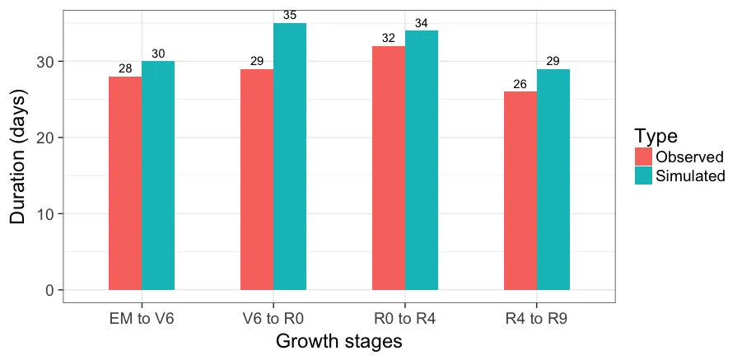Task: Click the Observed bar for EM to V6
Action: pyautogui.click(x=125, y=183)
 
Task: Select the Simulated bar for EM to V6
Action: pyautogui.click(x=158, y=175)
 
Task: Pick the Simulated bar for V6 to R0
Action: pyautogui.click(x=290, y=157)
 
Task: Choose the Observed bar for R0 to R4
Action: pyautogui.click(x=389, y=168)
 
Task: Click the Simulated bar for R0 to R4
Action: pyautogui.click(x=422, y=161)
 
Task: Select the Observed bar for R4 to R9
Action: pyautogui.click(x=520, y=190)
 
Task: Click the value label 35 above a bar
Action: pyautogui.click(x=290, y=15)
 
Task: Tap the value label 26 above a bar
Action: pyautogui.click(x=520, y=84)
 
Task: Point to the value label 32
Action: pyautogui.click(x=389, y=38)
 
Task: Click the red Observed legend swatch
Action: pyautogui.click(x=643, y=157)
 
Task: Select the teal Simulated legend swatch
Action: pyautogui.click(x=643, y=175)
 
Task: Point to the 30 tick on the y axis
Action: pyautogui.click(x=46, y=62)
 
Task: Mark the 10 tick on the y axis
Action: pyautogui.click(x=46, y=214)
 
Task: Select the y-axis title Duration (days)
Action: pyautogui.click(x=18, y=157)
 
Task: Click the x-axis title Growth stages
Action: pyautogui.click(x=338, y=341)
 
